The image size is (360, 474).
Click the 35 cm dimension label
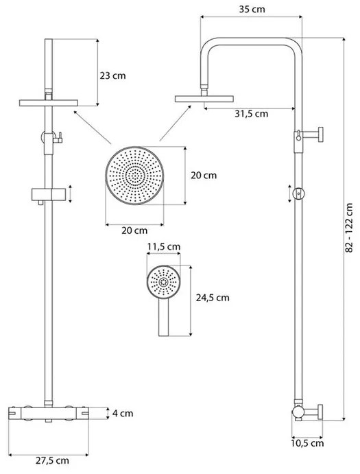coord(248,11)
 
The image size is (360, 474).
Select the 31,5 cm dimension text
coord(251,114)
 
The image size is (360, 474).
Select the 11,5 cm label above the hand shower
coord(164,246)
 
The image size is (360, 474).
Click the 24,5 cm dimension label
coord(213,298)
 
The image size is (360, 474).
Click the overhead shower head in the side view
coord(204,99)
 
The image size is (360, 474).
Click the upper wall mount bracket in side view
coord(309,137)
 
